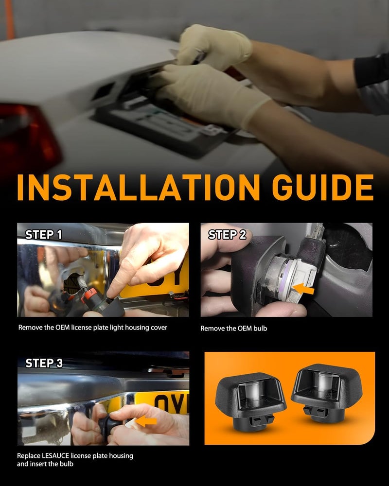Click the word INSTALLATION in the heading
(x=139, y=187)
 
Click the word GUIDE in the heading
(x=322, y=187)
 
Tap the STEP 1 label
(x=43, y=235)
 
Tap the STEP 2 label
(x=227, y=235)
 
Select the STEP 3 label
(x=44, y=363)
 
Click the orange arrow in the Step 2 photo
(x=303, y=289)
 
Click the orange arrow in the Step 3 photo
(x=146, y=421)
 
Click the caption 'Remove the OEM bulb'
(x=233, y=328)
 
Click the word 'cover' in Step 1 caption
(x=159, y=328)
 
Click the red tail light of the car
(x=28, y=137)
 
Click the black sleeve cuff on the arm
(x=371, y=70)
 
